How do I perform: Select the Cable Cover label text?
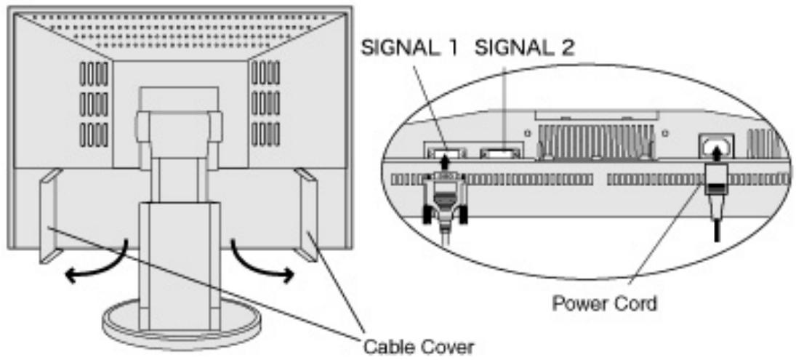[x=418, y=348]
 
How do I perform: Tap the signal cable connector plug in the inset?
[x=445, y=198]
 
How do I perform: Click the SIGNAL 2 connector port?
[x=502, y=152]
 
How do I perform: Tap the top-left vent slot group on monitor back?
[x=94, y=73]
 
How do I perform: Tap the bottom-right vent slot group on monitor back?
[x=265, y=135]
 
